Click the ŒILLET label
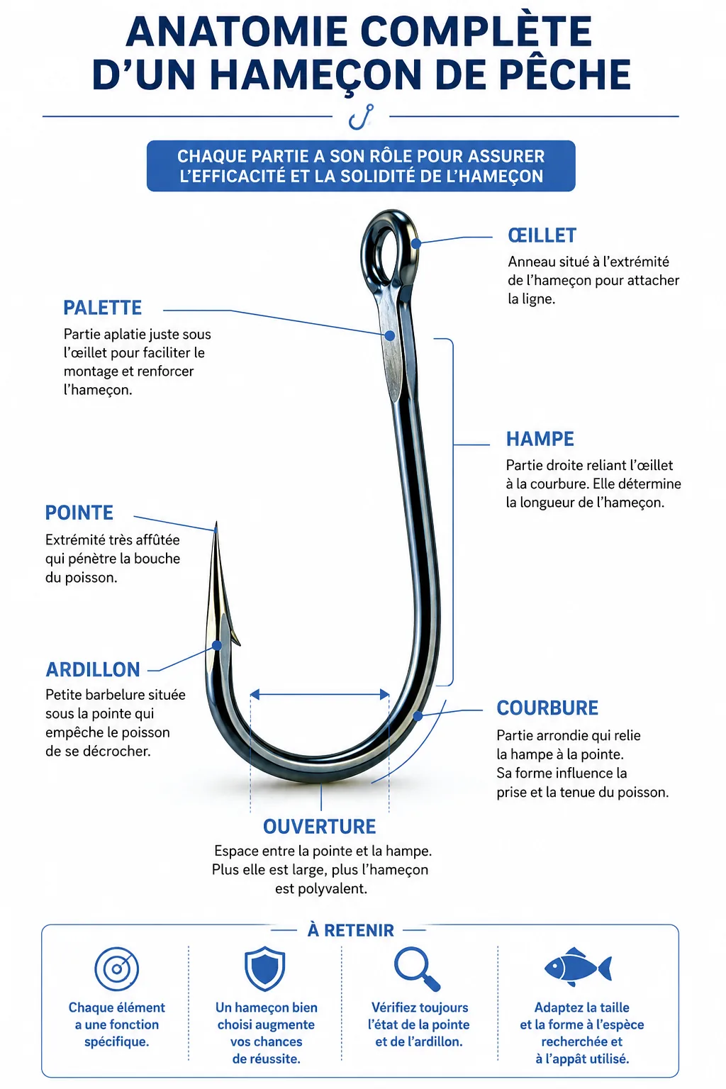(542, 235)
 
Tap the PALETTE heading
(103, 308)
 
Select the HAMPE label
(540, 439)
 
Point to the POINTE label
(79, 513)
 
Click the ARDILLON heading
(93, 669)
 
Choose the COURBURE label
(547, 708)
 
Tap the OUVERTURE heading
(320, 827)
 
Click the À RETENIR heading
(351, 930)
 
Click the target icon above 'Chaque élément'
(117, 969)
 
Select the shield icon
(265, 968)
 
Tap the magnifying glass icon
(417, 969)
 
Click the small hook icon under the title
(361, 117)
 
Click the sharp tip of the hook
(216, 523)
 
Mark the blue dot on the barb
(217, 646)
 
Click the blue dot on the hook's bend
(417, 715)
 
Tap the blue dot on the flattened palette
(389, 335)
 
